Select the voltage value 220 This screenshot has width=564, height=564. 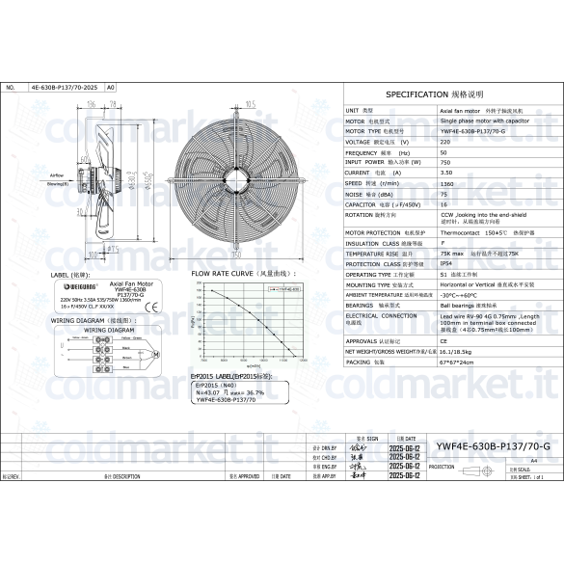click(x=443, y=142)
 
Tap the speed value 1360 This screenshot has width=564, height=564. click(x=447, y=182)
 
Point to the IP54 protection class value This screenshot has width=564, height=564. click(x=446, y=263)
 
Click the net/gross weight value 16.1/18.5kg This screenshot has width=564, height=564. click(x=460, y=352)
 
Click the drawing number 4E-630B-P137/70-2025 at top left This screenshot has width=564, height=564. click(x=66, y=87)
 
